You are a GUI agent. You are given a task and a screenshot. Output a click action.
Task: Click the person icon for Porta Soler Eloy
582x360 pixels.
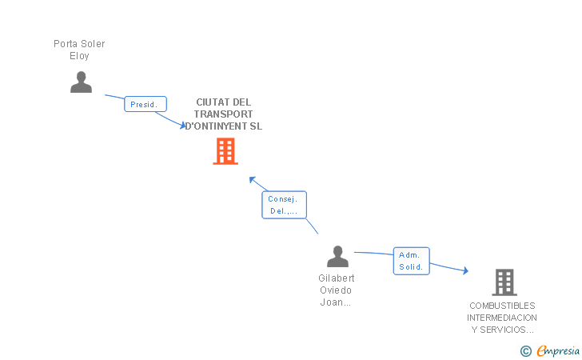81,82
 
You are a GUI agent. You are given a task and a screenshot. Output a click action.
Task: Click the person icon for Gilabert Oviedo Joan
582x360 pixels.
338,257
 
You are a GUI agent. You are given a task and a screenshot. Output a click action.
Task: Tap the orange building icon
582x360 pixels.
225,151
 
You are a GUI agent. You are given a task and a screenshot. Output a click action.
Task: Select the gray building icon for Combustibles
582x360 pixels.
504,282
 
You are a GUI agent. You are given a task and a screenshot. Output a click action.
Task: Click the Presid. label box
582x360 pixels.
145,104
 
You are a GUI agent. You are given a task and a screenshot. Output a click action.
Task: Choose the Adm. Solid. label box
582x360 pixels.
411,261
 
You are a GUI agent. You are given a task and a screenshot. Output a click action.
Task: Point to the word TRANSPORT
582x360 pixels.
223,114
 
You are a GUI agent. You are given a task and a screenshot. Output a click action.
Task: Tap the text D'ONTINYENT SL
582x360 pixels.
223,126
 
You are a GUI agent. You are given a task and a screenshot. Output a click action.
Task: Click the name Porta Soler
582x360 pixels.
79,44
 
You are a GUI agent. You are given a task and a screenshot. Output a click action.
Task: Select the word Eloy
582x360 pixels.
79,56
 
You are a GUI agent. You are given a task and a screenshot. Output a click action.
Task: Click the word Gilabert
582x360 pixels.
336,278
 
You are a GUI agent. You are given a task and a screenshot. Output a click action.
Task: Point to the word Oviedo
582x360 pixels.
336,290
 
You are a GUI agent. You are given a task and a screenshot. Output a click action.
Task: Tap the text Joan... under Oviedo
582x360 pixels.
336,302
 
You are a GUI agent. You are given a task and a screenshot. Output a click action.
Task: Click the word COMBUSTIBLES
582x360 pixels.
502,306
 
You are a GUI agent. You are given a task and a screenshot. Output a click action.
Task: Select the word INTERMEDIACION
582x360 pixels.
502,318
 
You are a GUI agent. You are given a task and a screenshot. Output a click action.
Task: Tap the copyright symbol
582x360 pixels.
525,350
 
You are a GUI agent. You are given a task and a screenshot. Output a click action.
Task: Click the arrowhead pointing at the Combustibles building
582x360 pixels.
465,271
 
